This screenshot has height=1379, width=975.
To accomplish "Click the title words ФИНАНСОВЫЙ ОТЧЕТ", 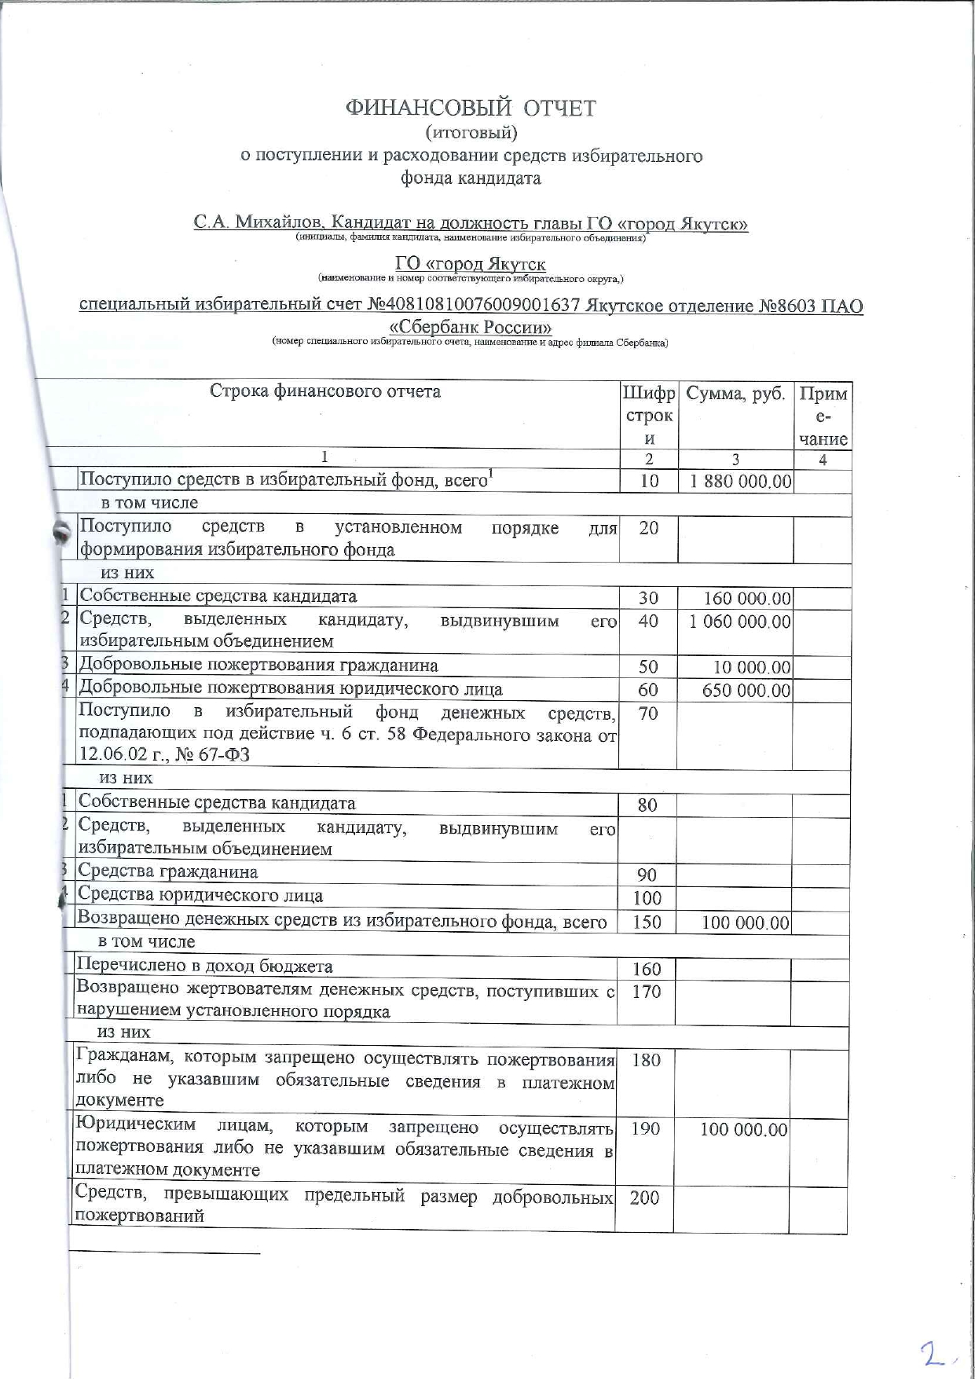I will coord(471,108).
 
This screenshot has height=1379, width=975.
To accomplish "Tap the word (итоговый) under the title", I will coord(471,132).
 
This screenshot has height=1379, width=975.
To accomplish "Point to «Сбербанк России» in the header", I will coord(471,327).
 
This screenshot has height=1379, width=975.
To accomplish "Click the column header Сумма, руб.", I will coord(735,394).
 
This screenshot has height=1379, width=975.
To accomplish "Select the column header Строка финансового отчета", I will coord(325,391).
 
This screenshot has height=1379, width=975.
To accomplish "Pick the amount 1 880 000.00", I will coord(740,482).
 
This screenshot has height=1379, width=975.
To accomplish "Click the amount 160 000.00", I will coord(747,600).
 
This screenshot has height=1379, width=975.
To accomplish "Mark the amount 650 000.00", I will coord(746,691).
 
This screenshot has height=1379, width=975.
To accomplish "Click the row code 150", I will coord(647,922).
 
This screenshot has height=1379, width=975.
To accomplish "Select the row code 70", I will coord(648,713).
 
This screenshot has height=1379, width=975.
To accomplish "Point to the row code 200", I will coord(645,1198).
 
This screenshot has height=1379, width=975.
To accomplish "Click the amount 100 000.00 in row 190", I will coord(743,1130).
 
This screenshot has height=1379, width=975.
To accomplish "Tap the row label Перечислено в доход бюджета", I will coord(204,966).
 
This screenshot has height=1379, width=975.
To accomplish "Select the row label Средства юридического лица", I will coord(200,896).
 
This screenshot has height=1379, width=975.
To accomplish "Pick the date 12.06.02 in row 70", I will coord(109,755).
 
